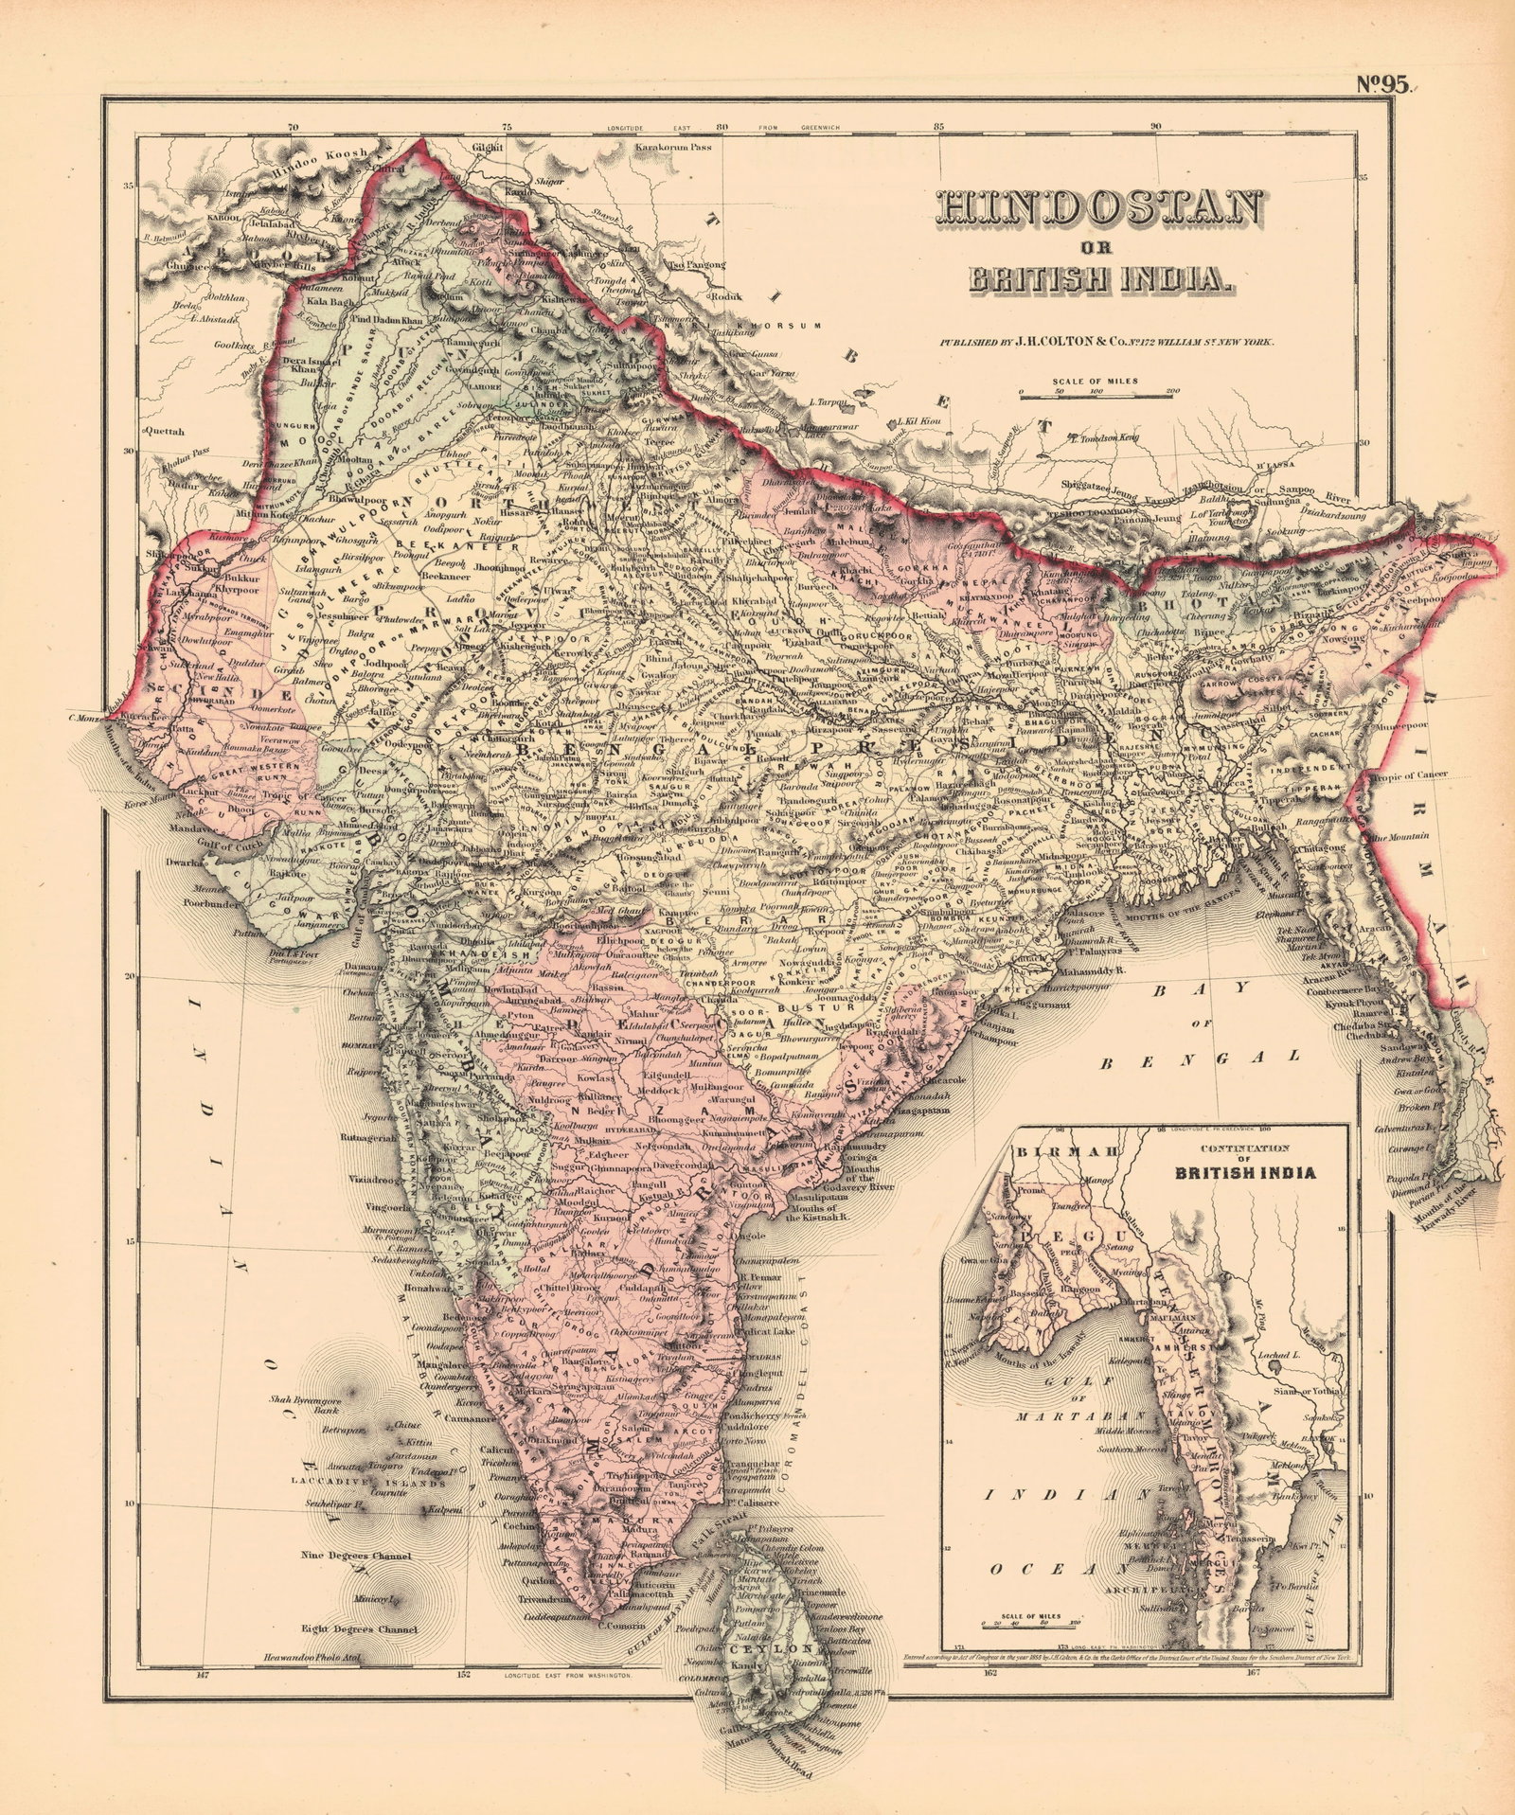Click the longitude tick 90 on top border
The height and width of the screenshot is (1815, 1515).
(1156, 125)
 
